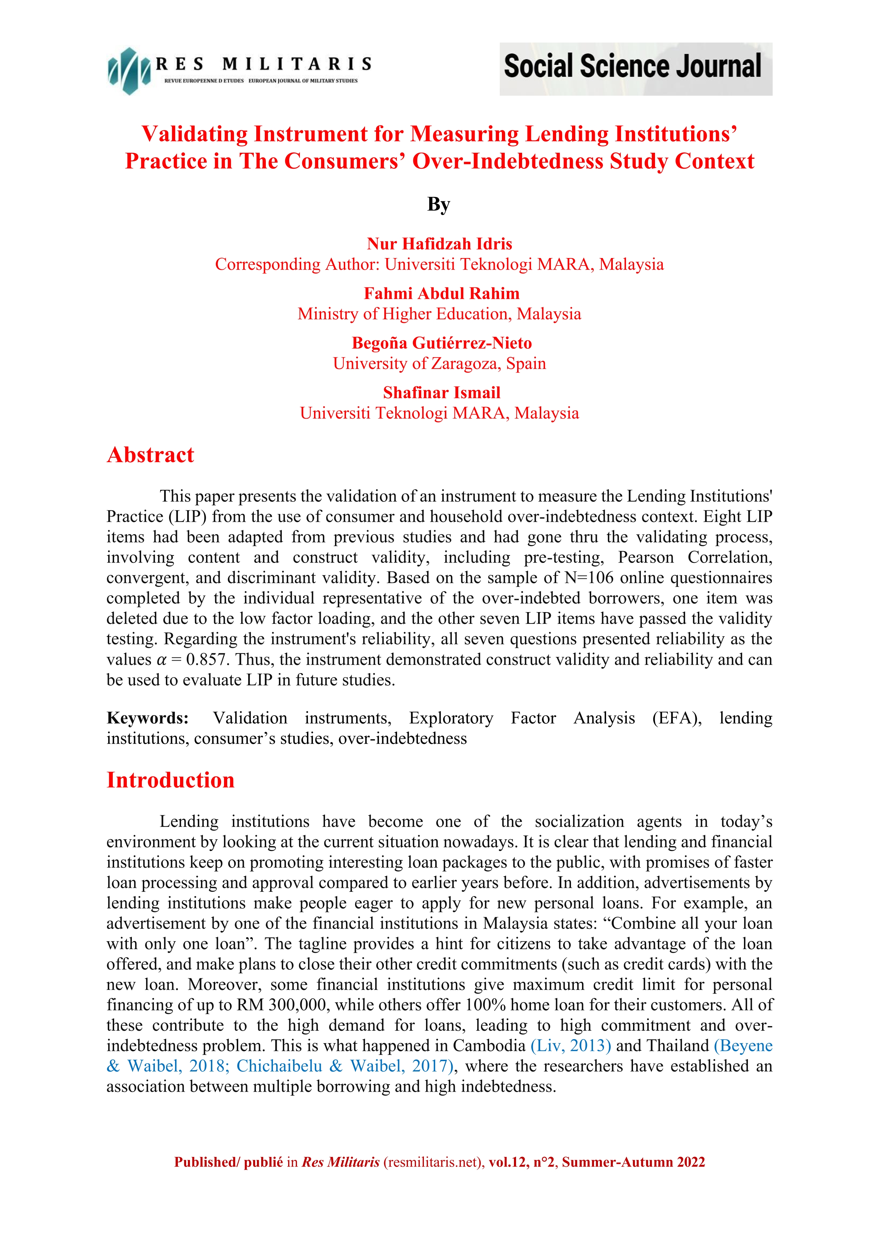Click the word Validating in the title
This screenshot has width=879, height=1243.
194,134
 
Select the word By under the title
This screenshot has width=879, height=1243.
438,205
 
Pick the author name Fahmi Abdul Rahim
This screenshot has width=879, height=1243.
441,293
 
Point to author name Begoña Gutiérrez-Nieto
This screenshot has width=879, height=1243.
441,343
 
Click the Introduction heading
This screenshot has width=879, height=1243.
170,780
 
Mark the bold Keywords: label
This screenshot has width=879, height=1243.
147,718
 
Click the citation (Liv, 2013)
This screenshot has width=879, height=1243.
571,1046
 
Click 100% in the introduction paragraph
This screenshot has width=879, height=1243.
486,1005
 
